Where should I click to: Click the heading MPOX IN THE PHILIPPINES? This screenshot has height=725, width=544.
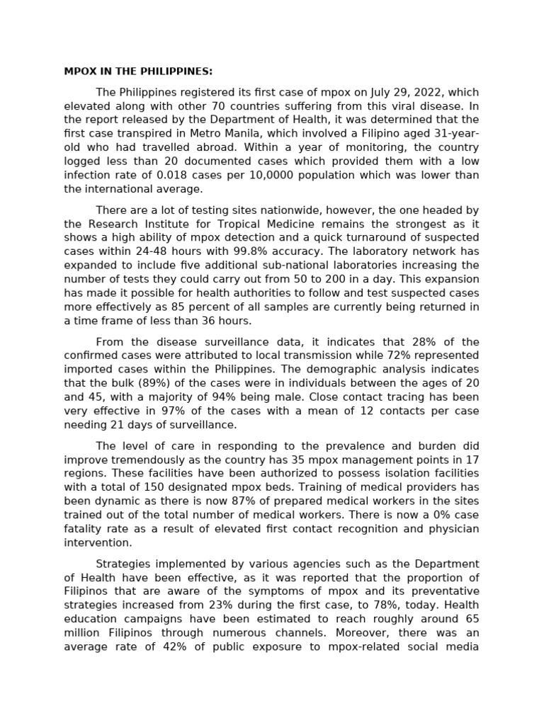pos(138,72)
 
